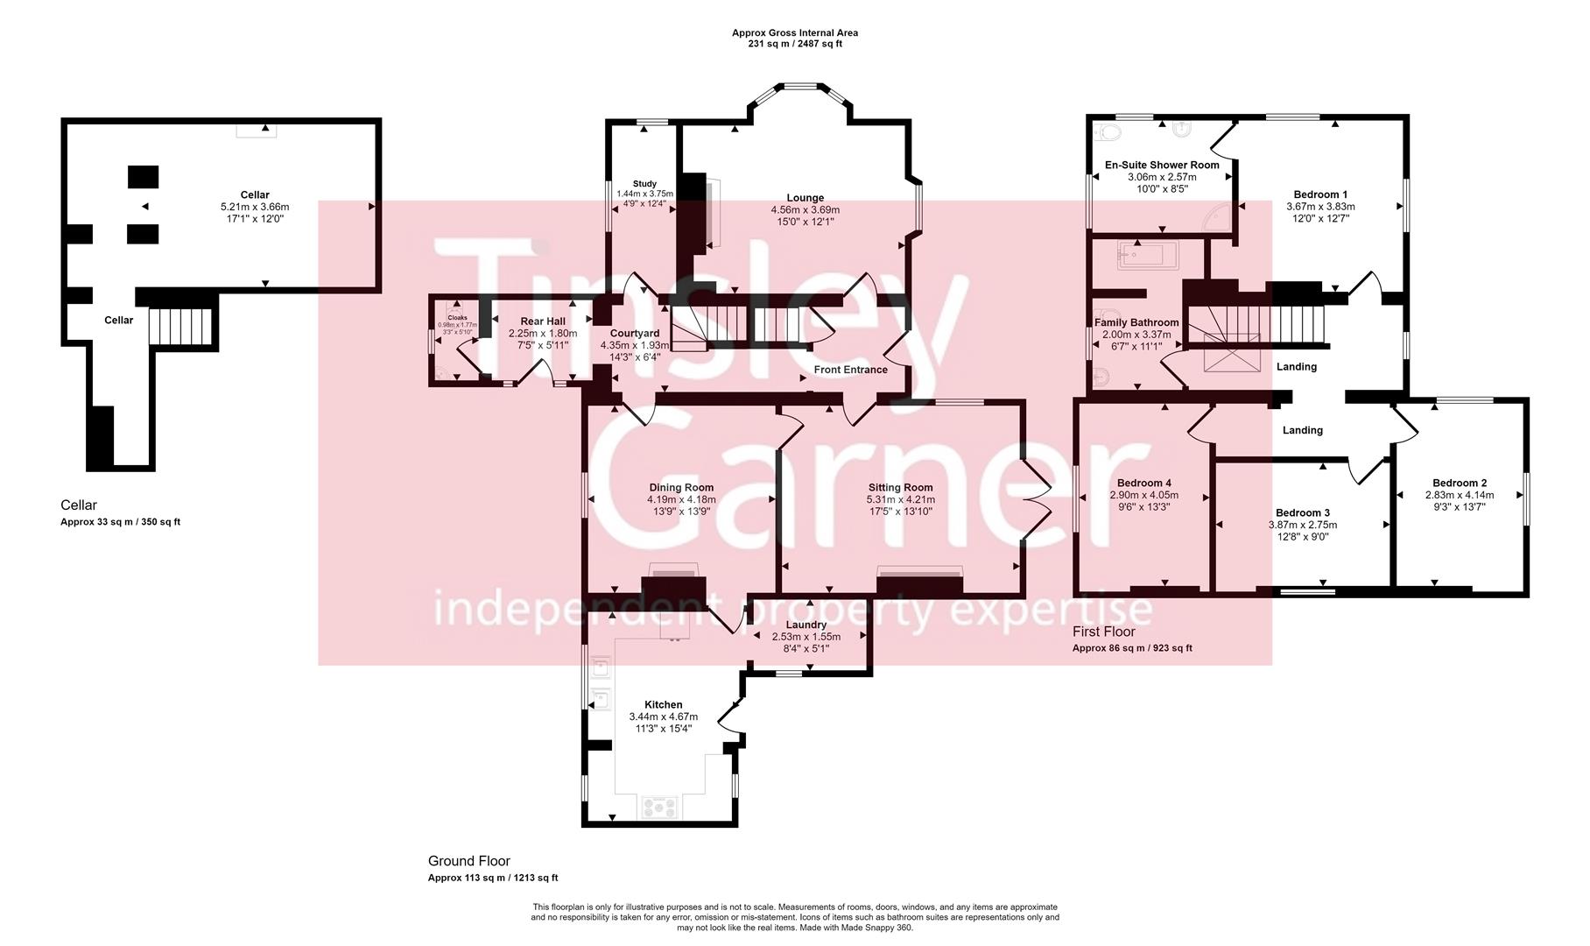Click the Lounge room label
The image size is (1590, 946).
point(805,198)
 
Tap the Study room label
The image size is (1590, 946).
point(644,184)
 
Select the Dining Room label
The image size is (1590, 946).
point(681,488)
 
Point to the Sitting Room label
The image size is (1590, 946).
point(900,488)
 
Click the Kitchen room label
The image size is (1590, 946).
point(663,705)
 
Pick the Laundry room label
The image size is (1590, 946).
point(806,625)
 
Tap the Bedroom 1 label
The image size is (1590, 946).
point(1320,194)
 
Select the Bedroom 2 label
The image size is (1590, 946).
point(1460,484)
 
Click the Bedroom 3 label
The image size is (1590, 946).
point(1302,513)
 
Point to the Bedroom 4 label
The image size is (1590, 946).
point(1143,484)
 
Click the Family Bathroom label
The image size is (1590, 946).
point(1136,322)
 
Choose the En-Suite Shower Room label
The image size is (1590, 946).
point(1162,165)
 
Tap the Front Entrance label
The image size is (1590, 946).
point(850,370)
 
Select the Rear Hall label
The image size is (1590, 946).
point(543,321)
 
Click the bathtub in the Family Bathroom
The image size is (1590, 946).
point(1149,257)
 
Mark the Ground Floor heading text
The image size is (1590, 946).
point(468,861)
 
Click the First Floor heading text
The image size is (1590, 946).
point(1103,632)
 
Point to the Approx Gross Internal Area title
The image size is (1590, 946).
point(795,33)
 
